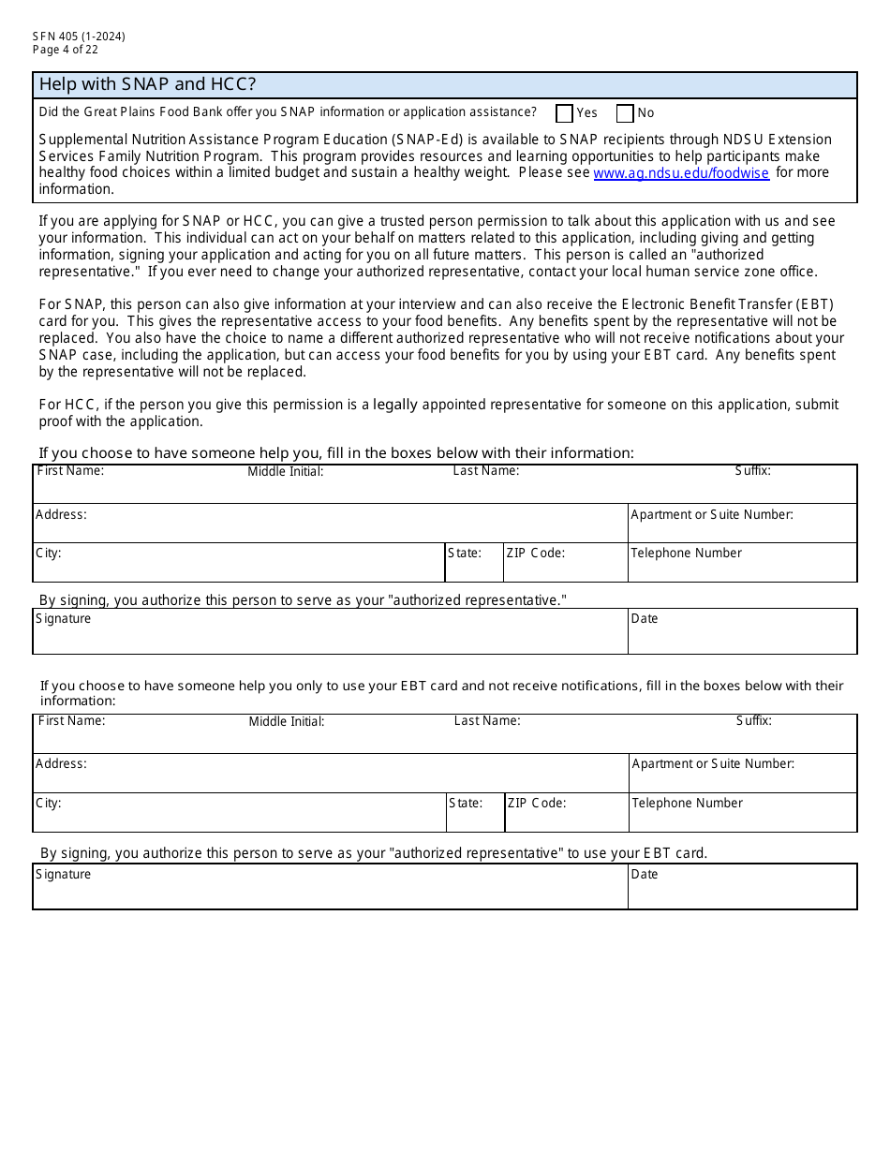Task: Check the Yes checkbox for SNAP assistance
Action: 564,113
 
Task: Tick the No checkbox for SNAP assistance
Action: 625,113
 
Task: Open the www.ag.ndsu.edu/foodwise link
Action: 681,173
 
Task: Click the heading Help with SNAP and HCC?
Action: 147,84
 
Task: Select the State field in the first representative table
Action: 473,563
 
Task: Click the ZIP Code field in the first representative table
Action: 565,563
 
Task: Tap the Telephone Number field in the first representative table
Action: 742,563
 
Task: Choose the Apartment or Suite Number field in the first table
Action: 742,524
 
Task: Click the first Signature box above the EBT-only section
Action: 330,632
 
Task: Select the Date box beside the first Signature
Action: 742,632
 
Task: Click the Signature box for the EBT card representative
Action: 330,887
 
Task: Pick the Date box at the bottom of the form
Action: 742,887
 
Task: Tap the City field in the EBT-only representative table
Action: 239,813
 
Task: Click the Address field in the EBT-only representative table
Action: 330,774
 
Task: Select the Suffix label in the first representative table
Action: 752,471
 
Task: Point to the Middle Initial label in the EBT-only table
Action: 287,722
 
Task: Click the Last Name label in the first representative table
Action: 485,471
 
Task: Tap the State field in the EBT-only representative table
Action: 475,813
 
